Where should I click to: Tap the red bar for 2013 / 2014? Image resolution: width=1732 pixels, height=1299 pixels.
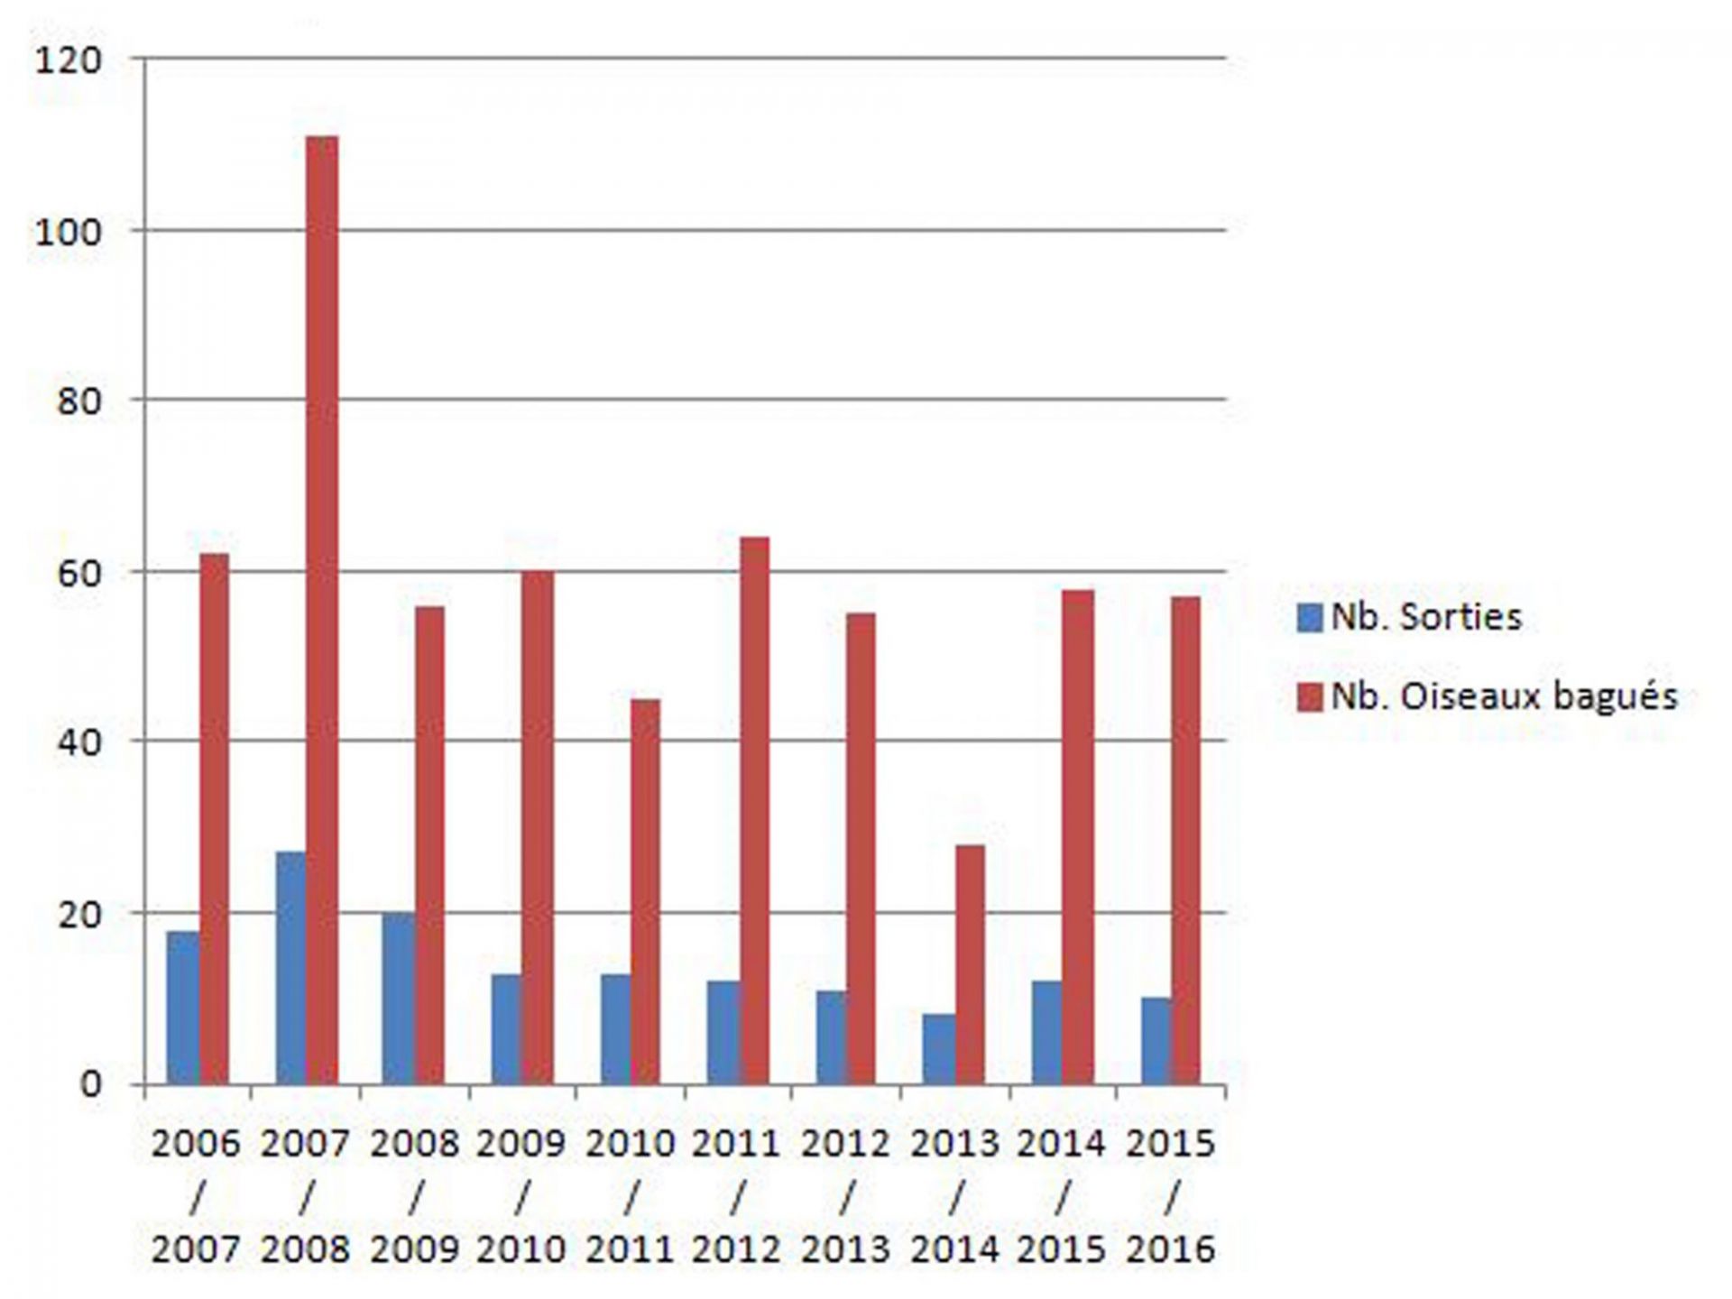point(970,964)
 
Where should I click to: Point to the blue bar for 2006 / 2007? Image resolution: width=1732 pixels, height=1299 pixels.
point(183,1008)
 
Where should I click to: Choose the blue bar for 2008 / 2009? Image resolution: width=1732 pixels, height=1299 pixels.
point(398,999)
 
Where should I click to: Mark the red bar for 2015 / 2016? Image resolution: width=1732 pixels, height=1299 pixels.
point(1185,840)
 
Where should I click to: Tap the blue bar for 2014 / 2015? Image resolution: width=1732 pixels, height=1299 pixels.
point(1047,1032)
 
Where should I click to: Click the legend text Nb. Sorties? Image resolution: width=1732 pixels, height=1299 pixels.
point(1426,617)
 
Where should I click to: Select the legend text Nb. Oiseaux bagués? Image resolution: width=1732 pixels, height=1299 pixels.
point(1504,696)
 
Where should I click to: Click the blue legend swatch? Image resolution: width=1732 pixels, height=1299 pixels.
point(1309,618)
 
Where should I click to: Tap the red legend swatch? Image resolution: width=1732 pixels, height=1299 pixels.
point(1309,697)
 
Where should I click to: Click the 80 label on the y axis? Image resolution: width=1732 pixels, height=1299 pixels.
point(78,401)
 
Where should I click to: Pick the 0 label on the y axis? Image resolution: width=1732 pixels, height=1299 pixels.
point(90,1084)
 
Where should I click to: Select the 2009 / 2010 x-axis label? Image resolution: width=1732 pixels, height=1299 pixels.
point(521,1196)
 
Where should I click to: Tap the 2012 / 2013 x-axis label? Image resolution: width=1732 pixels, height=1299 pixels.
point(845,1196)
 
